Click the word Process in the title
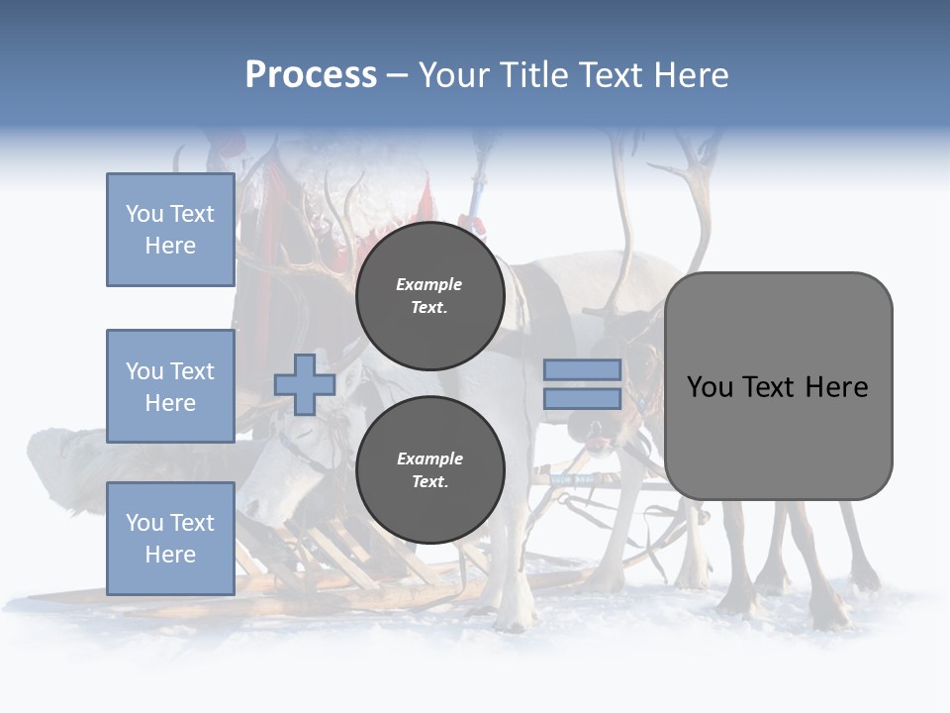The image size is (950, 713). point(311,75)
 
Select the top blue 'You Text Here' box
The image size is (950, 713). point(170,230)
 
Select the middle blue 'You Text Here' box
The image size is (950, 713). point(170,386)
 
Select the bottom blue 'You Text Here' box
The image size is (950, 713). point(170,538)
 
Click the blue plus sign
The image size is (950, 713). point(305,384)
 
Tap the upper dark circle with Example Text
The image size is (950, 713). point(429,295)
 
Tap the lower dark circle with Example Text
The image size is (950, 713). point(429,470)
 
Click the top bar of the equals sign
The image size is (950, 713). point(582,370)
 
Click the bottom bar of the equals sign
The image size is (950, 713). point(582,399)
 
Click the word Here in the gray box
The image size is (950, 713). point(836,387)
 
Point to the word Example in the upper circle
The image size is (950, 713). point(429,284)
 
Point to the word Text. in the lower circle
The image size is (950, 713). point(429,482)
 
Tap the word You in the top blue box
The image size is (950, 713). point(144,214)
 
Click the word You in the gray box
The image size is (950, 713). point(710,387)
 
